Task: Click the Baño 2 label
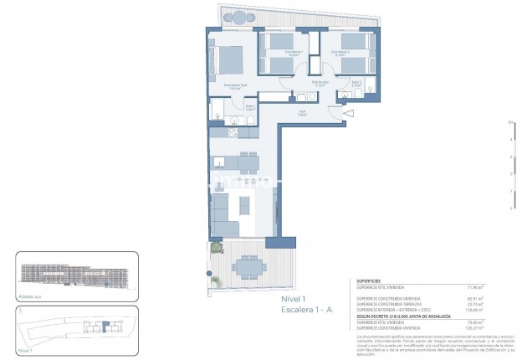coord(356,83)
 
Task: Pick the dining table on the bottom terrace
coord(247,266)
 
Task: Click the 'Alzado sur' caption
coord(29,296)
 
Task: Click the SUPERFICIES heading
coord(370,282)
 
